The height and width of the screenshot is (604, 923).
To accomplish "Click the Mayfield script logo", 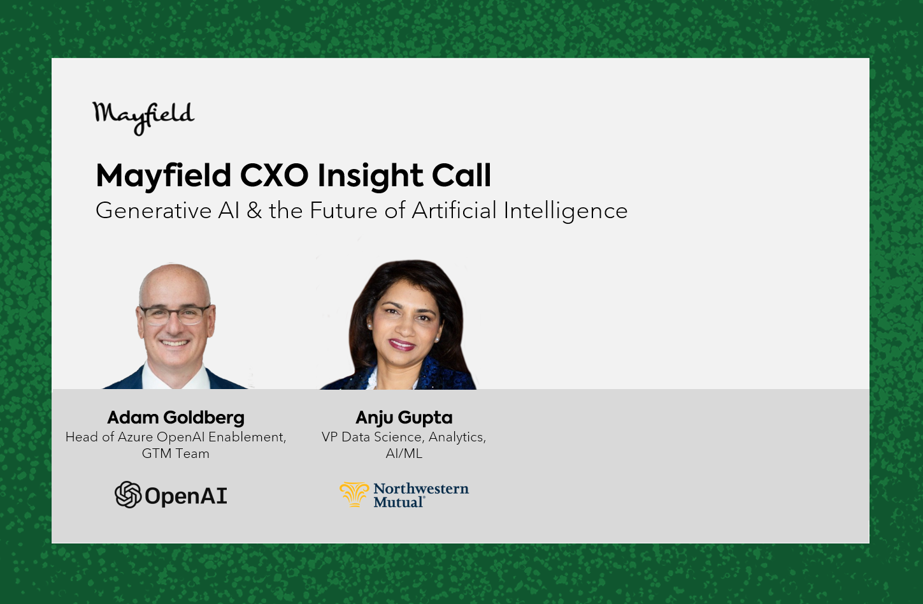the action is (143, 118).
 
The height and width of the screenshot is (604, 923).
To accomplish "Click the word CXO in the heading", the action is (274, 175).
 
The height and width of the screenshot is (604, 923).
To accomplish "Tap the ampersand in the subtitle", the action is (254, 210).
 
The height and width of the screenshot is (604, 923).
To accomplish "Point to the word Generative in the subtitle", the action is (154, 210).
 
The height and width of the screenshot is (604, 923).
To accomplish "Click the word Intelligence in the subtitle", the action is (566, 211).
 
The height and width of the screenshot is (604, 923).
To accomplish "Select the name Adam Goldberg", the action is (176, 418).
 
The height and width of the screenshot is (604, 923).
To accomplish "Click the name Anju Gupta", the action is (404, 418).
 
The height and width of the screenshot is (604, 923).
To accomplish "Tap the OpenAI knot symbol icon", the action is (128, 494).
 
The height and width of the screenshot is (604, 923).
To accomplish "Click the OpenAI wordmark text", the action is (186, 496).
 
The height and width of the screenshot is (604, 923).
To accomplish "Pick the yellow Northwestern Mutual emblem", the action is (354, 494).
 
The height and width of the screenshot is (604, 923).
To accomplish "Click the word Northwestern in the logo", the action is (421, 489).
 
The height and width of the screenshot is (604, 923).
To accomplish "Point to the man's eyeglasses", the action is (175, 315).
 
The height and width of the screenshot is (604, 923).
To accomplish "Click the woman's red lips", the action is (401, 344).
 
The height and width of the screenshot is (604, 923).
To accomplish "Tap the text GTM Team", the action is (176, 453).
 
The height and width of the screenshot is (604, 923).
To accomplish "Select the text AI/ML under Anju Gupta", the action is (404, 453).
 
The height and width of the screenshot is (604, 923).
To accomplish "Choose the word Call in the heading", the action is (461, 175).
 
